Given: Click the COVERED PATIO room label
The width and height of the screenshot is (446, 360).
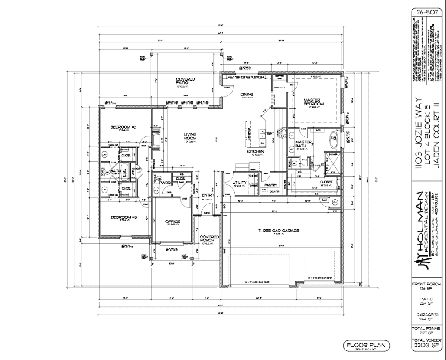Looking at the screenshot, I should coord(185,81).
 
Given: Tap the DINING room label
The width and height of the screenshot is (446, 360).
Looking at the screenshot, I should coord(247,94).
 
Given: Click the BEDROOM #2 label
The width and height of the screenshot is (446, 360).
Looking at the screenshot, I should coord(124,127).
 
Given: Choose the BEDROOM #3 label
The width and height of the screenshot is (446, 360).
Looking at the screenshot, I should coord(124,217).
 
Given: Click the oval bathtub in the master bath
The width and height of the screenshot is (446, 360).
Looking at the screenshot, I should coord(334,140).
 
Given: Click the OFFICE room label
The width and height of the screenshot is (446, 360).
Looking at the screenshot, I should coord(172,222).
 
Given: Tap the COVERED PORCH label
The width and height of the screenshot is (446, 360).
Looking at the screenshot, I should coord(209,239).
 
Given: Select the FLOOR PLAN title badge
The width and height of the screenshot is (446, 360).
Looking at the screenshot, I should coord(366,346).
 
